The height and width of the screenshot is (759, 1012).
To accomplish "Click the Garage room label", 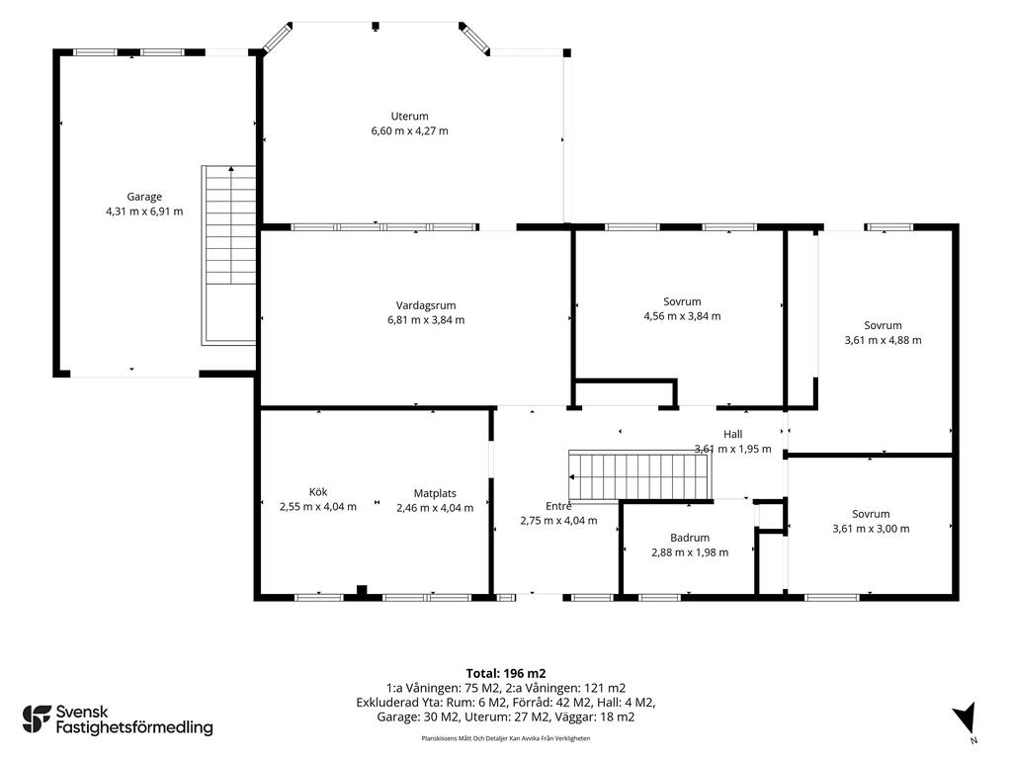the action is click(x=144, y=197).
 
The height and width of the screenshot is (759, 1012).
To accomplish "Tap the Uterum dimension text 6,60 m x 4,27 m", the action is click(x=409, y=131).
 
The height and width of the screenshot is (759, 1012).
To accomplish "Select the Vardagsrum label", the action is click(x=426, y=305).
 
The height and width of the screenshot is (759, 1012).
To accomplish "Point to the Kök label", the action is click(x=318, y=492).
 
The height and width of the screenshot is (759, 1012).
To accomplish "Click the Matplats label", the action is click(x=435, y=494).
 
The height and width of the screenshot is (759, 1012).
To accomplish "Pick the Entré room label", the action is click(x=558, y=506).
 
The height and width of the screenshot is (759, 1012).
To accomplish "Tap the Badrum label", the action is click(x=690, y=538).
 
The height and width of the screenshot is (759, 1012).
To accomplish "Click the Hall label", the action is click(x=732, y=435).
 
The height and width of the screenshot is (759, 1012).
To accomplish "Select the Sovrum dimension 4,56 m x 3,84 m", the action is click(x=682, y=316).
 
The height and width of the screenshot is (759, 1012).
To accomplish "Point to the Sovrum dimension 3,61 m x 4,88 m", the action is click(x=883, y=340).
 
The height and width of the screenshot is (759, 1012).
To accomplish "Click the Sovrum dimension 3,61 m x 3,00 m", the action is click(x=872, y=529).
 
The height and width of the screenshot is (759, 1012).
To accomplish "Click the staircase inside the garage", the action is click(x=229, y=255).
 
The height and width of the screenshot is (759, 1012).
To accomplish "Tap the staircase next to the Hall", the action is click(x=640, y=476).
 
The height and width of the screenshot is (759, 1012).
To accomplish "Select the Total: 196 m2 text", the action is click(x=506, y=674).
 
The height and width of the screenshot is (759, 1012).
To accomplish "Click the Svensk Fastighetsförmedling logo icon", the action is click(x=37, y=719).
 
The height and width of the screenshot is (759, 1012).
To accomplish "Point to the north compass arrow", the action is click(x=965, y=719).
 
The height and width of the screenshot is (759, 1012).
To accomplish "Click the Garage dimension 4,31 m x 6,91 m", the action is click(x=144, y=211).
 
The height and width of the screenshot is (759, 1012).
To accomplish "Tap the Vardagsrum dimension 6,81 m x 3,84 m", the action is click(x=426, y=320).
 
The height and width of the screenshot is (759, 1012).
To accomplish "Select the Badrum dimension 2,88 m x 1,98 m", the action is click(x=690, y=552).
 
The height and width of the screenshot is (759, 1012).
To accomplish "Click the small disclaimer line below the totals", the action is click(x=506, y=738).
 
